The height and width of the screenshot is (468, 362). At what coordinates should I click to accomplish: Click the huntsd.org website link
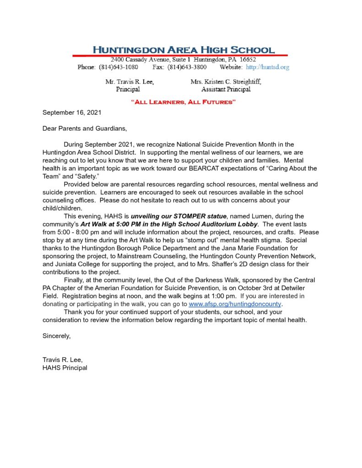pyautogui.click(x=268, y=67)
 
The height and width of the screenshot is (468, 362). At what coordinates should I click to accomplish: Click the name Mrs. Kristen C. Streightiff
pyautogui.click(x=226, y=82)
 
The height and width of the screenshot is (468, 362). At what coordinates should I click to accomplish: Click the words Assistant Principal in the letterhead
pyautogui.click(x=226, y=89)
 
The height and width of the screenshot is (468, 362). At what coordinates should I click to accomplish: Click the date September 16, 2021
pyautogui.click(x=71, y=112)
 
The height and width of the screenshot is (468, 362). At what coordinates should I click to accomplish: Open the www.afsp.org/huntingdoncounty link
pyautogui.click(x=235, y=304)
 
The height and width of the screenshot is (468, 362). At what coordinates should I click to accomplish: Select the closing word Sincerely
pyautogui.click(x=57, y=336)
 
